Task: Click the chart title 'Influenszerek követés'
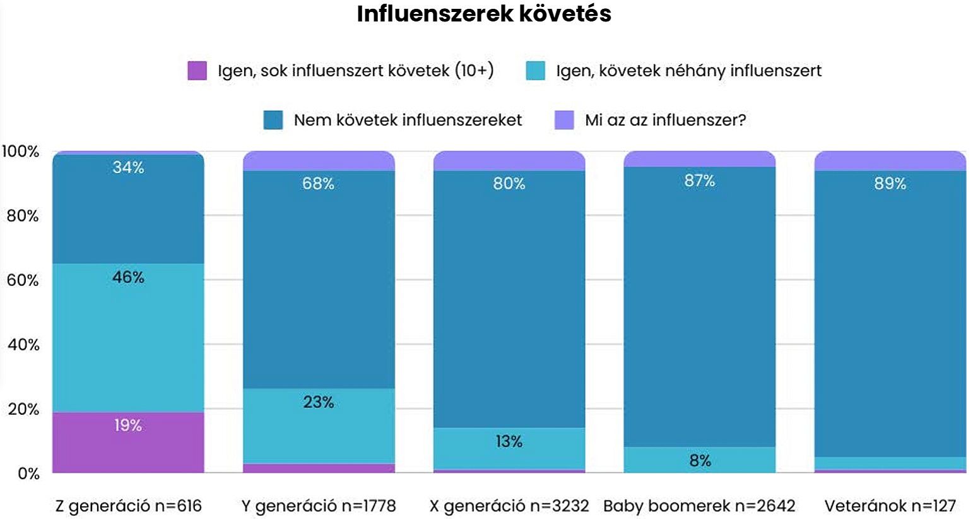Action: pos(484,14)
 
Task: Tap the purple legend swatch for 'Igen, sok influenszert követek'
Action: pos(197,71)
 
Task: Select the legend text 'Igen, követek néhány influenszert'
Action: pos(688,71)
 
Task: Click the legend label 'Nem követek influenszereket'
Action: pos(408,120)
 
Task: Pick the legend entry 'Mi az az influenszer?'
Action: pos(665,120)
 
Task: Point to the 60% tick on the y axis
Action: pos(23,280)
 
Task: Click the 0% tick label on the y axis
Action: pos(28,474)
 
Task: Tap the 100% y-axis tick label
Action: pos(20,152)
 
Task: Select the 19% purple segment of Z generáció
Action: pos(128,442)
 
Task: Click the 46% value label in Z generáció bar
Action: pos(128,277)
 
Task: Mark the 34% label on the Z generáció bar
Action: pos(128,167)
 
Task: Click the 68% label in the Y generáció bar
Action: pos(319,184)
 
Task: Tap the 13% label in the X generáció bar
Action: pos(509,441)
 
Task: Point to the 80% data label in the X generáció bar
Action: pos(509,184)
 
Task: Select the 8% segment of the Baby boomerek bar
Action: pos(700,460)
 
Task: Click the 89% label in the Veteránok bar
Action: pos(890,184)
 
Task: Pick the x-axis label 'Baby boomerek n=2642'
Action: pos(699,506)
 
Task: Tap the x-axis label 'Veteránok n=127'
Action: pos(890,506)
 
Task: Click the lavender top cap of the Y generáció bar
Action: pos(319,161)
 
